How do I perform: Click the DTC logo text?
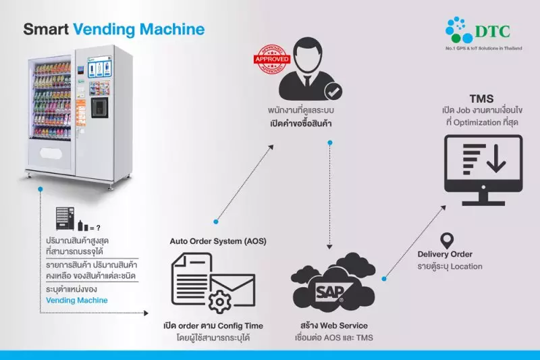495,30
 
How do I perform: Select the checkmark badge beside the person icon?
332,91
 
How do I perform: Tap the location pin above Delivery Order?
446,240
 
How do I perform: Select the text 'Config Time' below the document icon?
236,326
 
